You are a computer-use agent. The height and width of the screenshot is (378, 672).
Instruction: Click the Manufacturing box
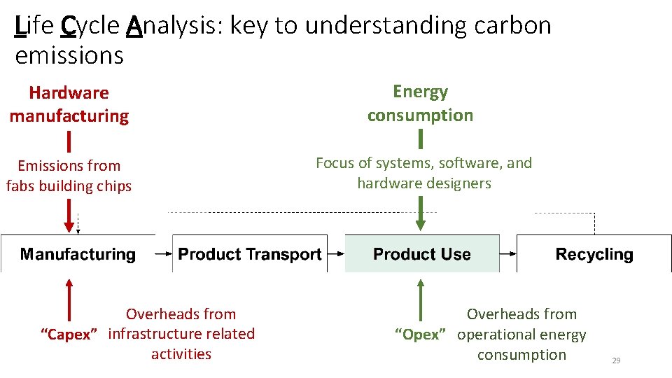(x=78, y=254)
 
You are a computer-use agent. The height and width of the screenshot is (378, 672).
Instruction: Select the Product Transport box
(x=250, y=254)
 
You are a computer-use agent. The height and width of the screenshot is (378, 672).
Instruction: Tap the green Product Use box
(x=422, y=254)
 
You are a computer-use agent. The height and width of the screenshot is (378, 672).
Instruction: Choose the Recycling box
(x=594, y=254)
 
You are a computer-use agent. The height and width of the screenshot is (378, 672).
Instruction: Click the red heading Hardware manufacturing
(x=69, y=104)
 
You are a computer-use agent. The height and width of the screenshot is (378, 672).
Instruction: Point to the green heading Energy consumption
(x=420, y=104)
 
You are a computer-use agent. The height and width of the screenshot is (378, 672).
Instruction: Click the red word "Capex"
(x=69, y=335)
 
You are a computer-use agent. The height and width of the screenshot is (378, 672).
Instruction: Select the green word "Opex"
(x=421, y=335)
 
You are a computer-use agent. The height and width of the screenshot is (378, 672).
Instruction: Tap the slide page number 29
(x=616, y=360)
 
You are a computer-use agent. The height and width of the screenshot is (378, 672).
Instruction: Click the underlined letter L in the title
(x=20, y=26)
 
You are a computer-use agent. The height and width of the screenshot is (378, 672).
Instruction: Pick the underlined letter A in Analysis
(x=135, y=26)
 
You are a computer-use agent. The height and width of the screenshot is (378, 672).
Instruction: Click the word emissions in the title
(x=69, y=55)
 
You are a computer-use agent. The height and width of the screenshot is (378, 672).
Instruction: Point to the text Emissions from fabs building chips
(x=69, y=176)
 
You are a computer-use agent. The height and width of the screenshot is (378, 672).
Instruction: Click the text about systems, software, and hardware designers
(x=423, y=173)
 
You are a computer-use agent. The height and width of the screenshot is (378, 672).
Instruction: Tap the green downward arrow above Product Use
(x=420, y=213)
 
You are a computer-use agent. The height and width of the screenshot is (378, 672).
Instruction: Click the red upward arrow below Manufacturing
(x=69, y=297)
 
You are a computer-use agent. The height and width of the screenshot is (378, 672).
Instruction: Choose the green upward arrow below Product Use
(x=420, y=297)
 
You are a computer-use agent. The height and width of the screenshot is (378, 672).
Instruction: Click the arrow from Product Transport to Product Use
(x=335, y=255)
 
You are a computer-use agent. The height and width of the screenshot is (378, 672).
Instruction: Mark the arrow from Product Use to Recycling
(x=507, y=255)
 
